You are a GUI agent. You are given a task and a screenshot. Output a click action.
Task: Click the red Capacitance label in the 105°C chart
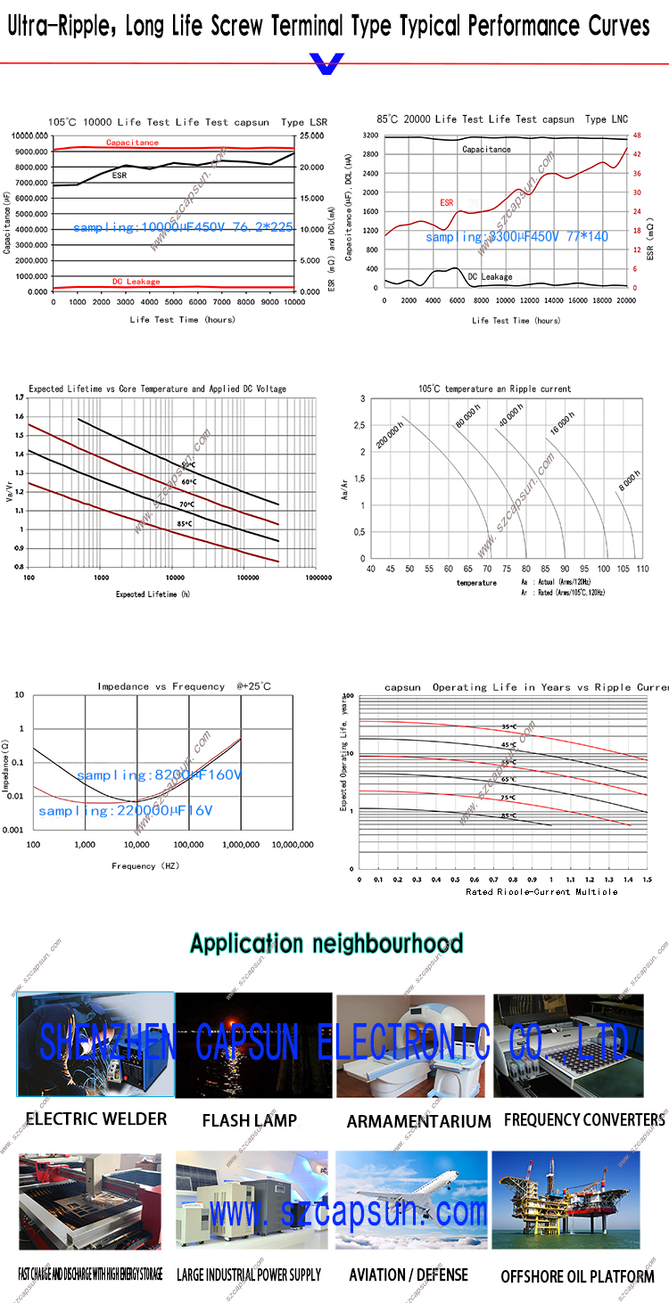click(x=132, y=143)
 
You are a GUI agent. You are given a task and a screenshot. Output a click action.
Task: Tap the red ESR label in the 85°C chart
click(x=446, y=202)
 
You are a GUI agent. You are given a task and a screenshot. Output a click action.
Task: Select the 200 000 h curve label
click(x=390, y=431)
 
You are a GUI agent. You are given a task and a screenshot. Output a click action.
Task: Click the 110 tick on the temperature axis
click(x=643, y=568)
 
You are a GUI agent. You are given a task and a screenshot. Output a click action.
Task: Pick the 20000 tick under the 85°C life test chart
click(x=626, y=301)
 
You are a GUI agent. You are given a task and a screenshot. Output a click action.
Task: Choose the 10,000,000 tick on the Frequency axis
click(x=293, y=844)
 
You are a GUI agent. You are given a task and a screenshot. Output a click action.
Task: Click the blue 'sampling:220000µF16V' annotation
click(x=125, y=811)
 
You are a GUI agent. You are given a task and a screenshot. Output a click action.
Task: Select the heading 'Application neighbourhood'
click(x=326, y=943)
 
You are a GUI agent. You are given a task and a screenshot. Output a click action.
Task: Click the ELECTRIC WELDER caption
click(x=96, y=1119)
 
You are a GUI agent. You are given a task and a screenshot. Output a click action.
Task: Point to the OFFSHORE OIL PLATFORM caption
click(x=577, y=1276)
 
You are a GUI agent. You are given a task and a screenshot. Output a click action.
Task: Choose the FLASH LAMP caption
click(x=250, y=1120)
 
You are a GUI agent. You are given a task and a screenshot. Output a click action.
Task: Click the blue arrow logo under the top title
click(x=326, y=64)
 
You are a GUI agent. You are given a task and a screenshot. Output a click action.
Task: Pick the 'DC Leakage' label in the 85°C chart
click(x=490, y=277)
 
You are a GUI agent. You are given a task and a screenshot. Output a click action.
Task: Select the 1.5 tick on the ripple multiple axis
click(x=647, y=879)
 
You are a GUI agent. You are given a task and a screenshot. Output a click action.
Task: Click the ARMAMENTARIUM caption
click(x=418, y=1121)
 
